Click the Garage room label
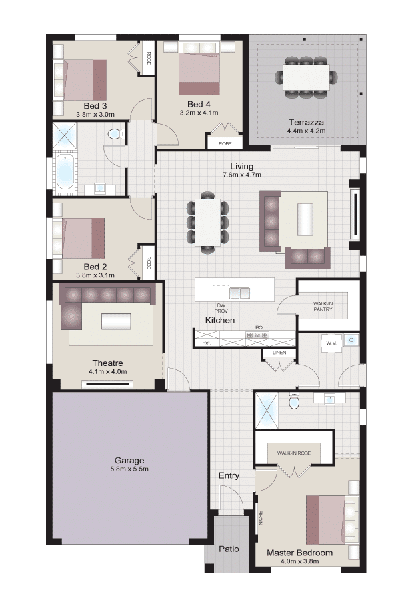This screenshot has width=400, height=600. pos(129,460)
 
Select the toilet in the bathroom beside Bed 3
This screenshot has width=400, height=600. pos(115,134)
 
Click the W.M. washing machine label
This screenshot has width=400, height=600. pos(331,343)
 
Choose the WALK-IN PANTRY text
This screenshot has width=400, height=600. pos(323,307)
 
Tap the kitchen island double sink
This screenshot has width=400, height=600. pos(239,293)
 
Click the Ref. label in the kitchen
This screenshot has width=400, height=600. pos(207,343)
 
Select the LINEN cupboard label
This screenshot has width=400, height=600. pos(279,353)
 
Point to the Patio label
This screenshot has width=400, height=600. pos(229,549)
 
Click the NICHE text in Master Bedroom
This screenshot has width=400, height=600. pos(261,518)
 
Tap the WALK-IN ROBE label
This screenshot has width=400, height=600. pos(294,453)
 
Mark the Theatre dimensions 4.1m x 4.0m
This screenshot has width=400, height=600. pos(107,371)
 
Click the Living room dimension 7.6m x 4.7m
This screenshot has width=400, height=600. pos(242,175)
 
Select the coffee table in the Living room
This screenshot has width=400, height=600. pos(305,219)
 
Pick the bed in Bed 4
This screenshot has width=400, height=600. pos(200,74)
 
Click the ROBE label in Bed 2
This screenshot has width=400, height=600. pos(149,262)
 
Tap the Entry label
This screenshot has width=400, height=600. pos(229,475)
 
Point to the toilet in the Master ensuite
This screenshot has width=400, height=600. pos(293,402)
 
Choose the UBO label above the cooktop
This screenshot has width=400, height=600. pos(257,327)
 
